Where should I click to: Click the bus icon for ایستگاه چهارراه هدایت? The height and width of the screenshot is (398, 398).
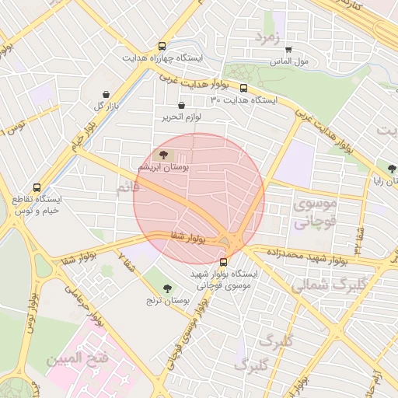pos(162,46)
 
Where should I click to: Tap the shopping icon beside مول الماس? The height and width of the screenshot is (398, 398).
pos(288,49)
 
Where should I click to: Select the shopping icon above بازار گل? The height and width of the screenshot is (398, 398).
pos(101,93)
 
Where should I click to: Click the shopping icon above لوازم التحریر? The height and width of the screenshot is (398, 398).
pos(182,105)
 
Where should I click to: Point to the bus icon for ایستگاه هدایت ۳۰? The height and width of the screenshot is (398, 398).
pos(244,88)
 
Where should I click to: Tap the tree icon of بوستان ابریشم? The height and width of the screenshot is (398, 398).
pos(163,155)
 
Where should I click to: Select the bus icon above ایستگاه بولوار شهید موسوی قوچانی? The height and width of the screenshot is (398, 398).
pos(225,262)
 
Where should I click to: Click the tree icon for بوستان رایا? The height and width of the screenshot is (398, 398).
pos(392,169)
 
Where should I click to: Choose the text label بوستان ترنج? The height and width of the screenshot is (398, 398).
pos(168,299)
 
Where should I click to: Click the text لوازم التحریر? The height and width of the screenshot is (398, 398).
pos(182,117)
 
